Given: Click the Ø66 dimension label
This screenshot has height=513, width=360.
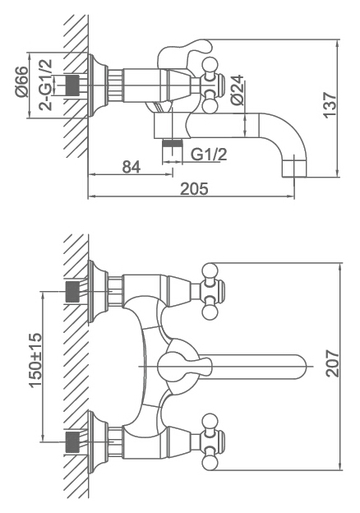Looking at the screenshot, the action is coord(21,81).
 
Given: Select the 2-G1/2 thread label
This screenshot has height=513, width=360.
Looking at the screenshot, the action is coord(45,85).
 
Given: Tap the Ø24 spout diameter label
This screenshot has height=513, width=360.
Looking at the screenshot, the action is coord(238,90).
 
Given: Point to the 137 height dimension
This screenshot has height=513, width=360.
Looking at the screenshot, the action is coord(330,104).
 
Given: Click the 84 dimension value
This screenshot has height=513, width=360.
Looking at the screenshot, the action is coord(132,167).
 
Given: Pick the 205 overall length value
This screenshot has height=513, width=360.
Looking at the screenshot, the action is coord(194,189).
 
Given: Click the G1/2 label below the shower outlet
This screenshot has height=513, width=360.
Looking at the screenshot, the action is coord(209,154).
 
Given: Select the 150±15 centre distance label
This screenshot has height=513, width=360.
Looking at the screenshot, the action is coord(36,360).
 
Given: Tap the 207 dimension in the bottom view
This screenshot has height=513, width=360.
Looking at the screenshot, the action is coord(333,363).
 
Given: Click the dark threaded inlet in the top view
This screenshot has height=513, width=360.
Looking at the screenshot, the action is coord(72,85).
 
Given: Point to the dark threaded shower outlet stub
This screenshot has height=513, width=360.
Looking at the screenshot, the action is coord(173,143).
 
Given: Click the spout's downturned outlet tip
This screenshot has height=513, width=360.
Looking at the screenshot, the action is coord(294,169).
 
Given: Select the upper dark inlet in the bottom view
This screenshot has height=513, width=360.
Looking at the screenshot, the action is coord(72,292).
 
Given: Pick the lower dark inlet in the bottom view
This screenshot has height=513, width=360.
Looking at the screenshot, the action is coord(72,441).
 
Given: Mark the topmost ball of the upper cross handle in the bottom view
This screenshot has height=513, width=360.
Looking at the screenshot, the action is coord(210,270).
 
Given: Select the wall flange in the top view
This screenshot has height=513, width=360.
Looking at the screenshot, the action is coord(98,85).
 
